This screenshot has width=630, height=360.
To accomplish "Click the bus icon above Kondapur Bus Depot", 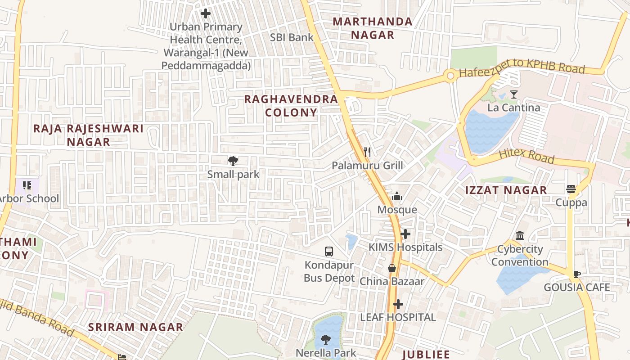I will pyautogui.click(x=329, y=251).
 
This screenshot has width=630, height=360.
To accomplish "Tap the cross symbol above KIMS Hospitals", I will pyautogui.click(x=405, y=234).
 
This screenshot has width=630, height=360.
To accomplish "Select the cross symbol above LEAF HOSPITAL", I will pyautogui.click(x=398, y=304).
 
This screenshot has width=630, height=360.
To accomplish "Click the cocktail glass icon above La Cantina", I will pyautogui.click(x=513, y=94).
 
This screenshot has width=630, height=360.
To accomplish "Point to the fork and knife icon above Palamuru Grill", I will pyautogui.click(x=367, y=152).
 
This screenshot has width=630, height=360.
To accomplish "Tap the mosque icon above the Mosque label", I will pyautogui.click(x=397, y=196).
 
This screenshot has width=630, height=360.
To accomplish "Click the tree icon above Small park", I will pyautogui.click(x=233, y=161).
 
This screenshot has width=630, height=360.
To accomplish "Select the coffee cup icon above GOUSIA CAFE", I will pyautogui.click(x=577, y=274).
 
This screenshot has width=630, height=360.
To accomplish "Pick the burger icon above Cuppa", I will pyautogui.click(x=571, y=189).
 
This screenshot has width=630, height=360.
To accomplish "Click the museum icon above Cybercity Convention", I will pyautogui.click(x=520, y=236).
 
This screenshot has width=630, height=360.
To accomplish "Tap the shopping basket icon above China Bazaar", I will pyautogui.click(x=392, y=268).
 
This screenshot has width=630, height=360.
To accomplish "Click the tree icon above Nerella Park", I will pyautogui.click(x=326, y=340).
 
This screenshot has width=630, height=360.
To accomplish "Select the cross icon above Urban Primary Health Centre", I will pyautogui.click(x=206, y=14).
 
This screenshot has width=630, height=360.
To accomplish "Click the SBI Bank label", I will pyautogui.click(x=292, y=37).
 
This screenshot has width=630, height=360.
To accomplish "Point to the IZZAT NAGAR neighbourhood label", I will pyautogui.click(x=506, y=190).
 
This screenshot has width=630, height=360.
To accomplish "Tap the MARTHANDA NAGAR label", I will pyautogui.click(x=373, y=28).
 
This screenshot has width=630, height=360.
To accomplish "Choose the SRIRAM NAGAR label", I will pyautogui.click(x=135, y=327).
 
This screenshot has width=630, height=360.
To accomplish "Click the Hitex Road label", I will pyautogui.click(x=526, y=156).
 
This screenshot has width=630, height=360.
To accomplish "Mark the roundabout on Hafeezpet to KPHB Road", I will pyautogui.click(x=450, y=76).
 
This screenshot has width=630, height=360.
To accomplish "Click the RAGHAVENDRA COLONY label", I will pyautogui.click(x=291, y=106).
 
